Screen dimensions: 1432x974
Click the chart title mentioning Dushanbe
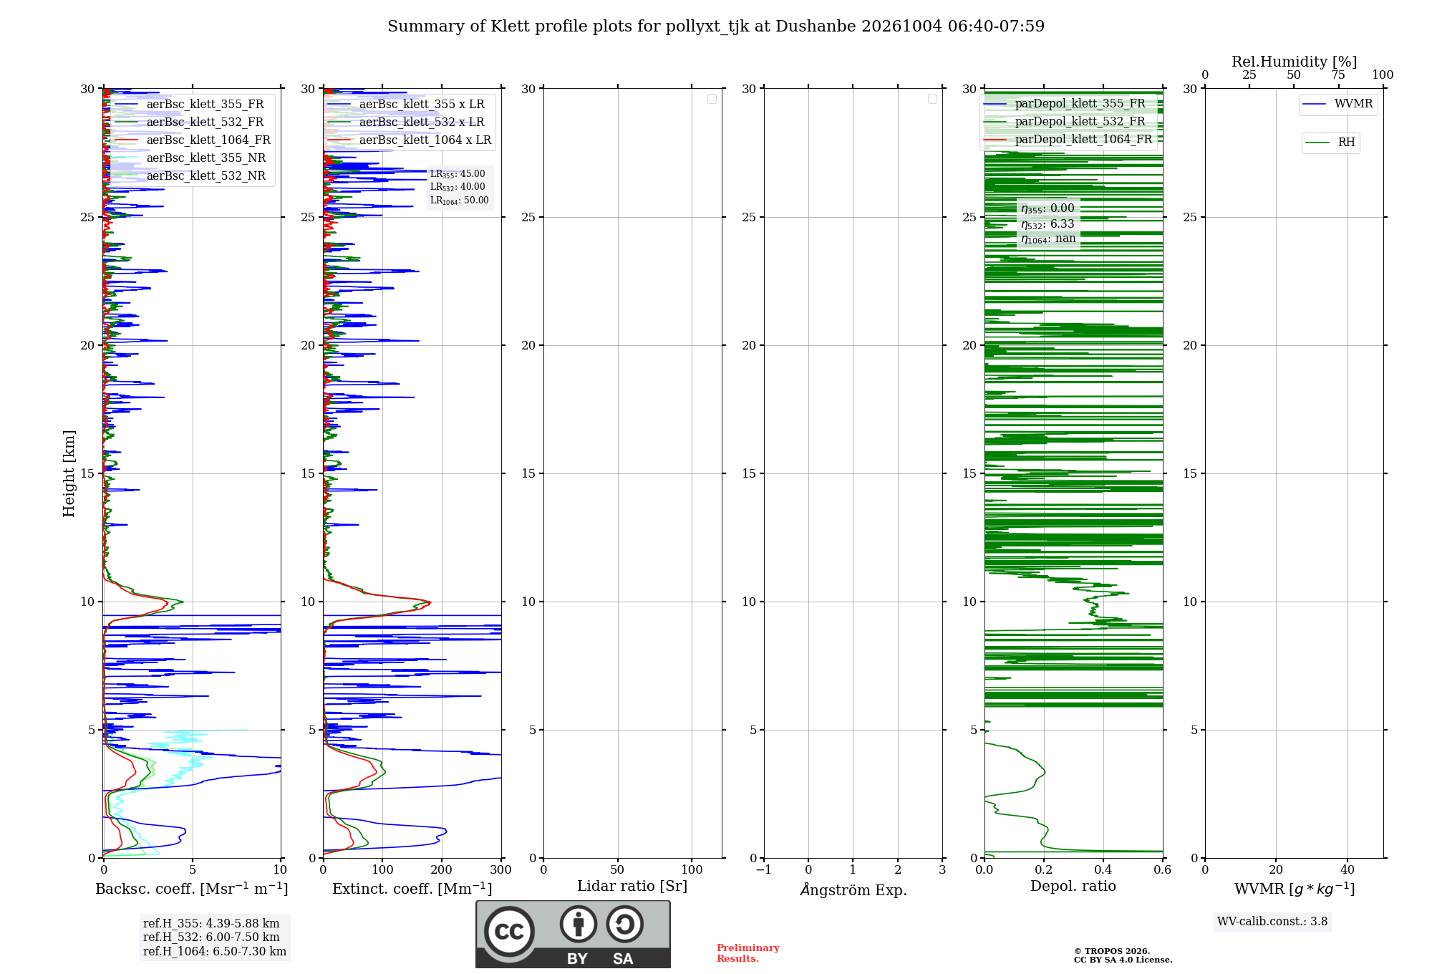(x=716, y=26)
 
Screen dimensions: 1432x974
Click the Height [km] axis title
(x=69, y=473)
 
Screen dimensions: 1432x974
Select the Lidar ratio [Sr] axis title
(x=632, y=887)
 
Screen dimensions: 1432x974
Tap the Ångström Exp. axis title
(x=853, y=889)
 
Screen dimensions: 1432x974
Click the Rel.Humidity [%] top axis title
(x=1295, y=62)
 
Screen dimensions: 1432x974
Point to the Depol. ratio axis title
(x=1073, y=886)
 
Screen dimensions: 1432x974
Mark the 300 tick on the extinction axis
(x=501, y=869)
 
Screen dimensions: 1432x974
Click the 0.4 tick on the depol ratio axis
(x=1103, y=869)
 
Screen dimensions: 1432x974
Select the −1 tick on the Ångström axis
(x=764, y=869)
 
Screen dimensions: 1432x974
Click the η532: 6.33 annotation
(x=1048, y=224)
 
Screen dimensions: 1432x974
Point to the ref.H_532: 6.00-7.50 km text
(x=211, y=937)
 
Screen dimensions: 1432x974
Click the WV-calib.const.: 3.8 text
(x=1272, y=922)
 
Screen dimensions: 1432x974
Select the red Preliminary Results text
(x=748, y=953)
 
